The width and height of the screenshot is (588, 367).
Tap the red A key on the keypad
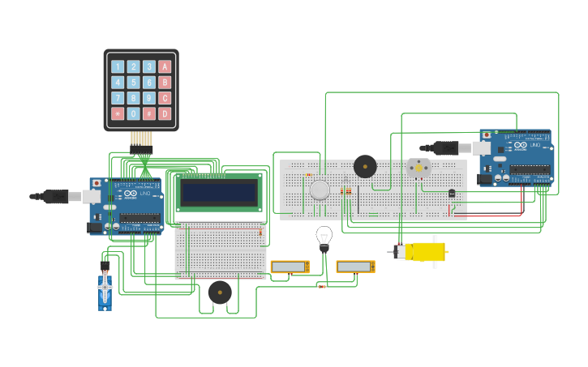[165, 67]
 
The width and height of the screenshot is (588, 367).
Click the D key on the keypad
[165, 113]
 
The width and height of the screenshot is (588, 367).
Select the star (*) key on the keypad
[118, 113]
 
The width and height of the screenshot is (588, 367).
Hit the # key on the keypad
[149, 113]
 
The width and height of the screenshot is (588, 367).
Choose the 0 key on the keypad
[134, 113]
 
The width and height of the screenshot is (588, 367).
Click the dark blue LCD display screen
[219, 193]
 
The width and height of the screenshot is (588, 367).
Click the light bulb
[324, 237]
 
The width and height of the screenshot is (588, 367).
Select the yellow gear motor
[424, 251]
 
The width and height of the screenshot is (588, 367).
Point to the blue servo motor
[105, 291]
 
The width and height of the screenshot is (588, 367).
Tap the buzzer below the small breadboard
[220, 292]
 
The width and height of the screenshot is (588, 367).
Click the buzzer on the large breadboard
[365, 166]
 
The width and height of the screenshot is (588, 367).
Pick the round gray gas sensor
[320, 190]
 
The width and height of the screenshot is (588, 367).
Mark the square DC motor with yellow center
[418, 168]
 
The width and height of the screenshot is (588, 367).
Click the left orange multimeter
[290, 267]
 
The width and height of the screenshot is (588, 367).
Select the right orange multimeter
[355, 267]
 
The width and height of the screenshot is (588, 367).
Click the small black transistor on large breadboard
[452, 193]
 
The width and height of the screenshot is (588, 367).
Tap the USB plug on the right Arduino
[449, 147]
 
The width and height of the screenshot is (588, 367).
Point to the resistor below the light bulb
[322, 286]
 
